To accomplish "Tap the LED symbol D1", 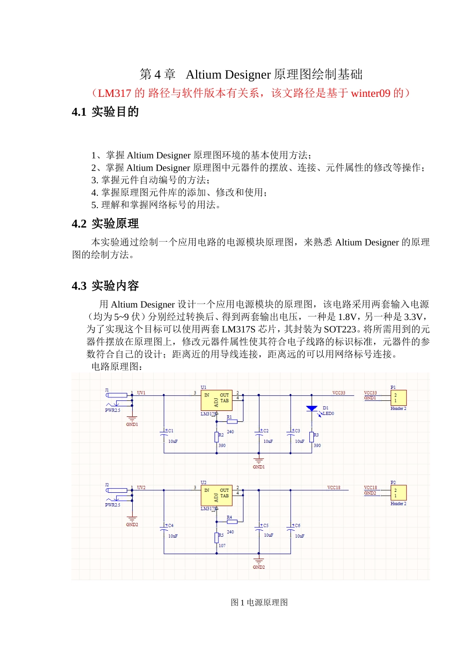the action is click(x=312, y=408).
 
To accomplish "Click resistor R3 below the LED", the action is click(x=311, y=437).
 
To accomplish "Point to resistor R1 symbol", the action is click(x=232, y=422).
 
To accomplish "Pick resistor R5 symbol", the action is click(x=217, y=537).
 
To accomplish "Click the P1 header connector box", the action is click(x=398, y=398).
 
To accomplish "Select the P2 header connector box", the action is click(x=398, y=493).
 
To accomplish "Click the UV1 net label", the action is click(x=141, y=393).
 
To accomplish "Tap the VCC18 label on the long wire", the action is click(x=334, y=487).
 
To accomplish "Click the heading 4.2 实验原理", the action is click(x=105, y=224).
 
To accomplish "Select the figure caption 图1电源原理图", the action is click(x=259, y=602).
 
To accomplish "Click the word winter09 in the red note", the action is click(x=371, y=93).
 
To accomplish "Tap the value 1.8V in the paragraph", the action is click(x=347, y=317).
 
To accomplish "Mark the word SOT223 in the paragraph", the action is click(x=340, y=330).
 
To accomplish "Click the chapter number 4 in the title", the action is click(x=157, y=75).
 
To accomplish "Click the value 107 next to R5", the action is click(x=223, y=546).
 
